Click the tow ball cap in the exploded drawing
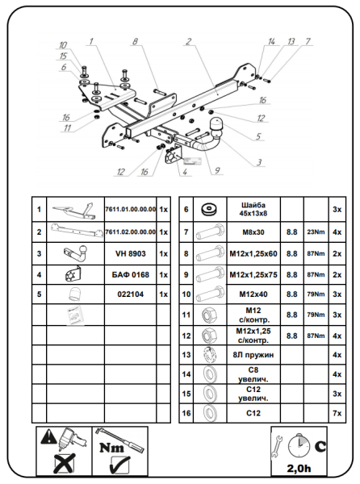[x=216, y=125]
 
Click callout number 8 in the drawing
[x=136, y=42]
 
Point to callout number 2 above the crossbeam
[x=189, y=42]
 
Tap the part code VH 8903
[x=131, y=254]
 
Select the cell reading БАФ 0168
[x=131, y=275]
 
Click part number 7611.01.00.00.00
[x=131, y=209]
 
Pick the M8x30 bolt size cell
[x=253, y=232]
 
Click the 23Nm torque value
[x=316, y=232]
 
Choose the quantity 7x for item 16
[x=337, y=413]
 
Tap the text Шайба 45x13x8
[x=253, y=209]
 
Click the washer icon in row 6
[x=210, y=209]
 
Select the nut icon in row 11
[x=209, y=315]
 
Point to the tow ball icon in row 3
[x=76, y=254]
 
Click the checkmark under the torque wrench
[x=119, y=465]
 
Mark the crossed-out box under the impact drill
[x=65, y=464]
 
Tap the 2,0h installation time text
[x=299, y=469]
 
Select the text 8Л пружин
[x=253, y=355]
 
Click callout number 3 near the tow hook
[x=259, y=162]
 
